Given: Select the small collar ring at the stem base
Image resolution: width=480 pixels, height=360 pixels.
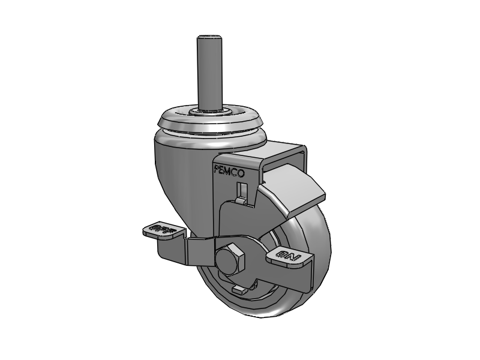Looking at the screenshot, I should point(211,112).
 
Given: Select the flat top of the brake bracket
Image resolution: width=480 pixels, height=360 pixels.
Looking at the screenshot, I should point(282,150).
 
